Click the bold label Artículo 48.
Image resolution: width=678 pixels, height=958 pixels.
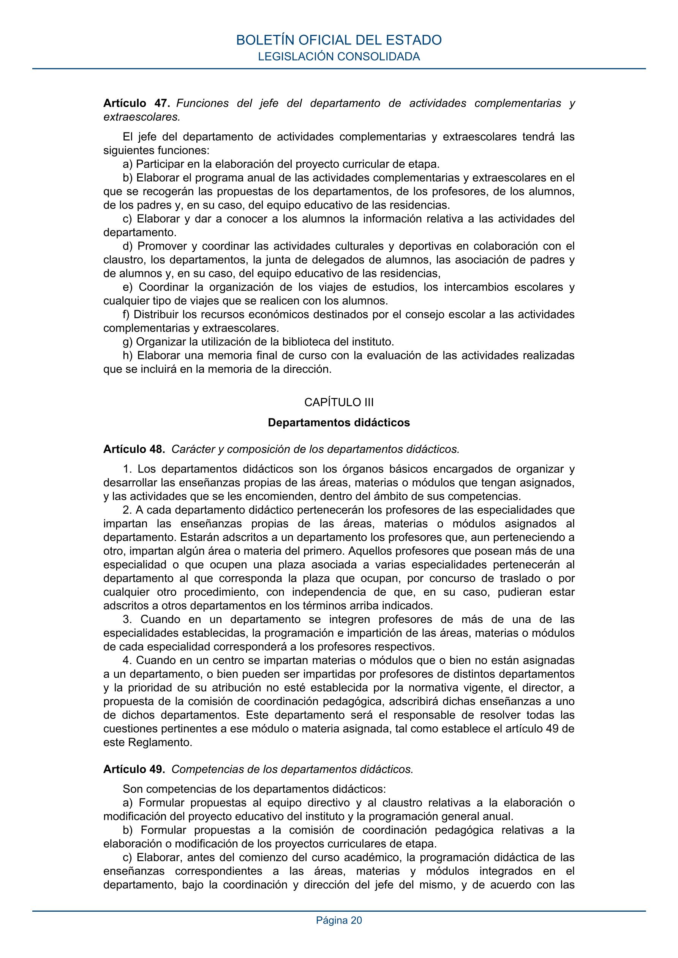click(x=134, y=449)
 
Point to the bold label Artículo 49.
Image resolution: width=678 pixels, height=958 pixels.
click(x=134, y=769)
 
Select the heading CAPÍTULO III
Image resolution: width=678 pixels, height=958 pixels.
click(x=338, y=402)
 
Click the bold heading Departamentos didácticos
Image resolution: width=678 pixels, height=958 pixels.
click(x=338, y=423)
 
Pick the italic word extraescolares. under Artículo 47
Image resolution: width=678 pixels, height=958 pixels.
click(x=142, y=117)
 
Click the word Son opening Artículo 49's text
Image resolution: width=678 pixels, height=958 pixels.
click(x=133, y=789)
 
